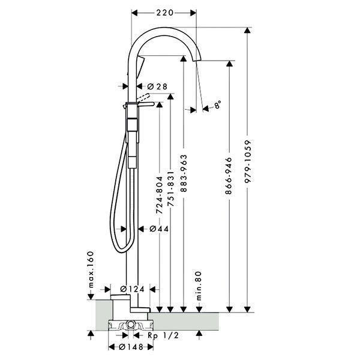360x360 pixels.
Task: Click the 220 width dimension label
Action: coord(165,13)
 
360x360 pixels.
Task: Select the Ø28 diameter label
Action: coord(157,86)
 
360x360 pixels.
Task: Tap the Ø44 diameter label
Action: coord(159,229)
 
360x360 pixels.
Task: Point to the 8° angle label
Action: coord(218,104)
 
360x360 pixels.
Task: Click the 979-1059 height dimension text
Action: coord(248,161)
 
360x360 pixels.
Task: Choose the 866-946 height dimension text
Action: coord(229,176)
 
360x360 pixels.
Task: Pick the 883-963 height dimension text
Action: coord(184,173)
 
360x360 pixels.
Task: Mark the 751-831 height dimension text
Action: coord(170,189)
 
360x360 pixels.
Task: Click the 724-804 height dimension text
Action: coord(159,195)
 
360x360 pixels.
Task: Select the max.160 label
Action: coord(91,269)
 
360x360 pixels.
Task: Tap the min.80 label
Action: coord(199,286)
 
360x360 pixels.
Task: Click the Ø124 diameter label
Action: coord(132,289)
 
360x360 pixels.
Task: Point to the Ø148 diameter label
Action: coord(131,347)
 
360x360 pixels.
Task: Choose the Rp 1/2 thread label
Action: coord(163,335)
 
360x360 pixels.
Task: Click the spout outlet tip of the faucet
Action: coord(196,60)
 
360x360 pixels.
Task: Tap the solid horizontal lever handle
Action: coord(146,104)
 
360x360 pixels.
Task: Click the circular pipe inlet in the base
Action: coord(131,324)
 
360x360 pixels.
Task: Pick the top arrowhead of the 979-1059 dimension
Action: coord(247,31)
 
